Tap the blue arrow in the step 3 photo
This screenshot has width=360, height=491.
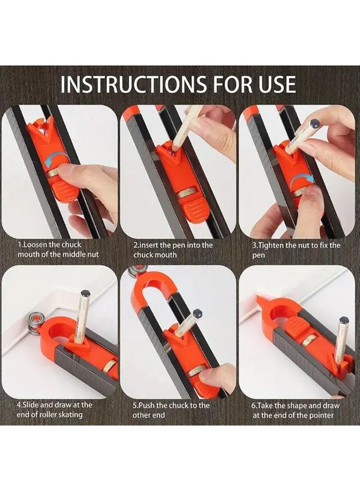(x=304, y=180)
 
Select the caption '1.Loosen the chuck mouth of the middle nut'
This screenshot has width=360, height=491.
(x=58, y=250)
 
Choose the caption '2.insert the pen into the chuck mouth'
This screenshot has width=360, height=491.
(x=173, y=250)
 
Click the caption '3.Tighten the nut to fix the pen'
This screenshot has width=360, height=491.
(x=296, y=250)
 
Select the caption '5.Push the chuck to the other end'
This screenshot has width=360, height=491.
(x=171, y=410)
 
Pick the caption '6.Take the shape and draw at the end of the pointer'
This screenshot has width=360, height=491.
(x=295, y=410)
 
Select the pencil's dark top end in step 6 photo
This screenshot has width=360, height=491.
(x=343, y=321)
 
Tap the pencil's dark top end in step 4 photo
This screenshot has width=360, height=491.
(x=85, y=294)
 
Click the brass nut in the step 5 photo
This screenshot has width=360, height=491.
(x=197, y=370)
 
